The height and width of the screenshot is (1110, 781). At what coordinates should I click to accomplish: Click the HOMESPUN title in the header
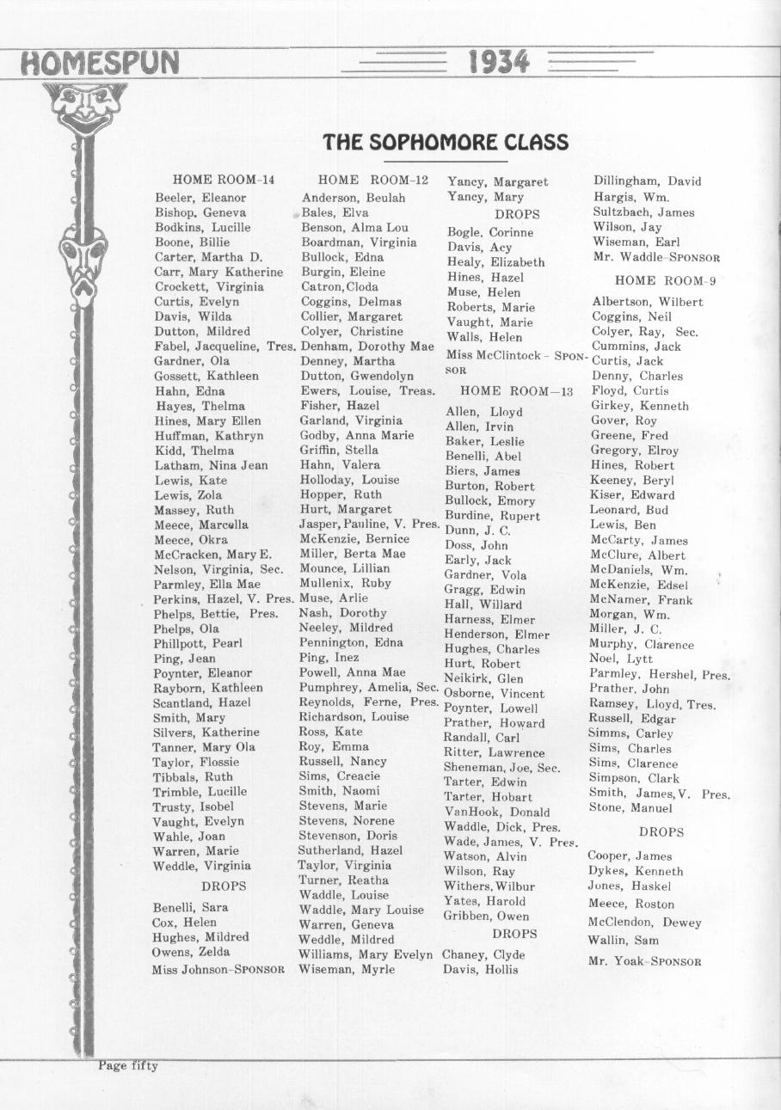[100, 63]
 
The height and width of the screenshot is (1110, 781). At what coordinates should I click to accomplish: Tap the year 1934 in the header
[499, 62]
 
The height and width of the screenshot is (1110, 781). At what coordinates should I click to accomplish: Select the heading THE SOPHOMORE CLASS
[446, 142]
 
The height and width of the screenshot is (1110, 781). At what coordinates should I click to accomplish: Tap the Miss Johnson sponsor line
[218, 969]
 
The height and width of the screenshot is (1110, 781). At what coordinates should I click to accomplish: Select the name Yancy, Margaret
[497, 181]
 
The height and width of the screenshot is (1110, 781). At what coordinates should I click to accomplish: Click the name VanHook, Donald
[496, 812]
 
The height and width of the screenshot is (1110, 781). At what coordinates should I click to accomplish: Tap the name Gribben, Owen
[486, 916]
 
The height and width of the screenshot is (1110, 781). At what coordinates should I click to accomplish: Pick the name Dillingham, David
[647, 181]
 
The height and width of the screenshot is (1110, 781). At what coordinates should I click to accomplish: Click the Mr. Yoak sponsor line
[644, 961]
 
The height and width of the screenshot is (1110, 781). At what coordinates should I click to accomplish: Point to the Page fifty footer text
[127, 1066]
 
